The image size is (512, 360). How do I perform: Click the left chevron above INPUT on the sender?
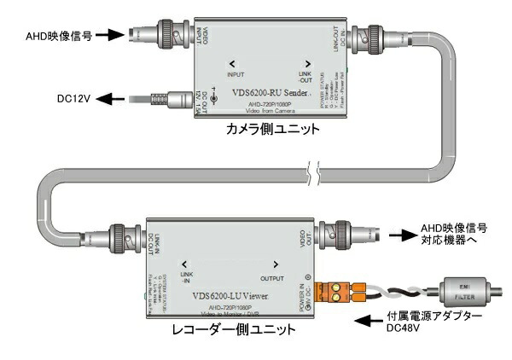(x=232, y=63)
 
